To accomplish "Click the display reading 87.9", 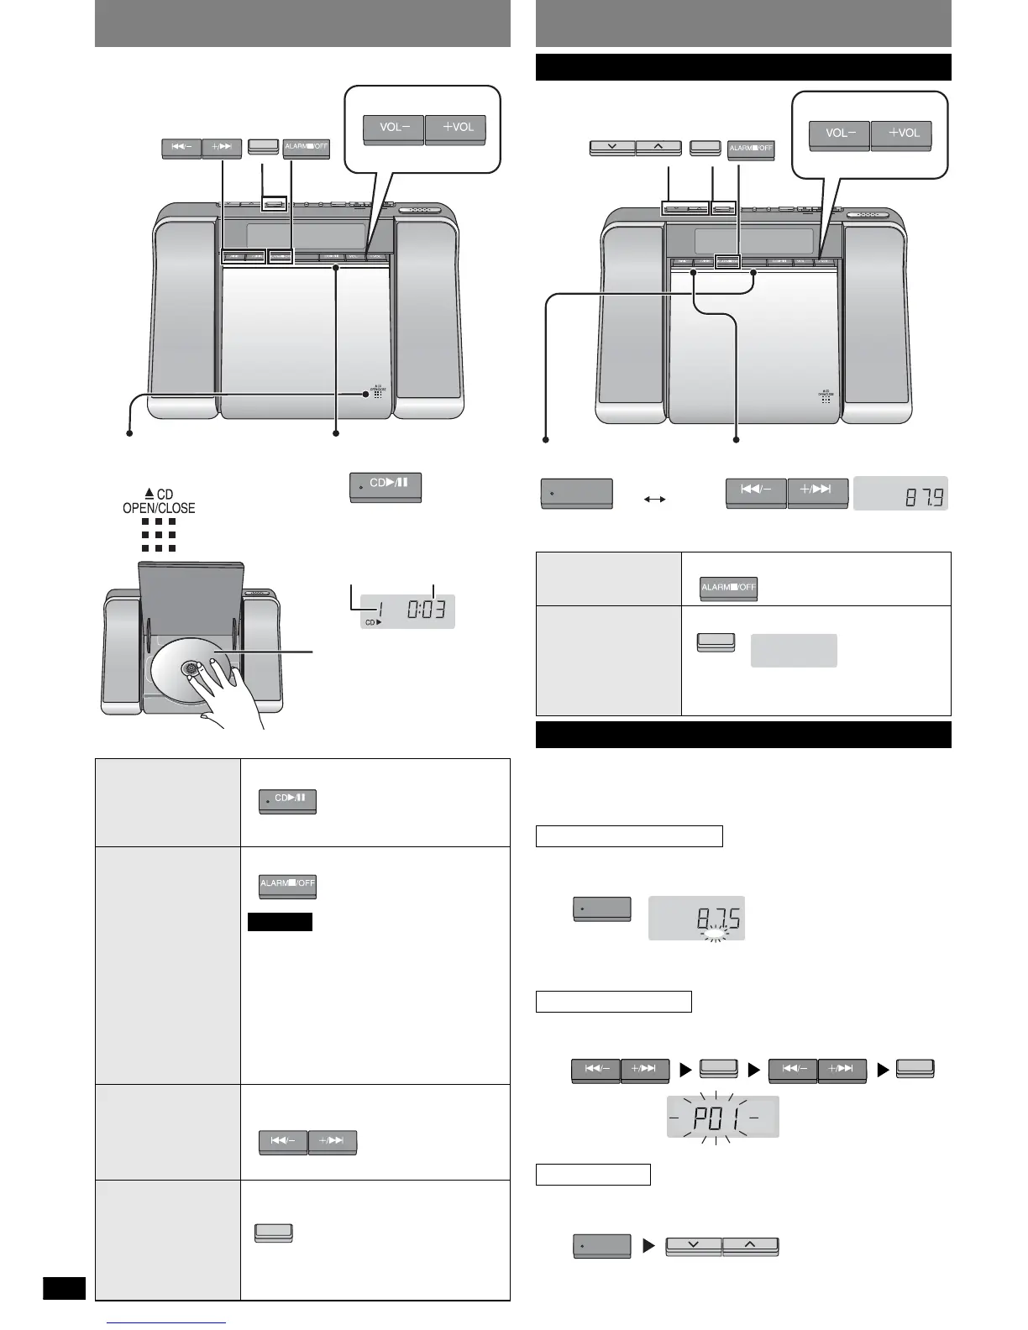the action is (x=900, y=494).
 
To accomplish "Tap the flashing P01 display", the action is (x=722, y=1117).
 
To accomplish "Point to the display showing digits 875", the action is (x=696, y=918).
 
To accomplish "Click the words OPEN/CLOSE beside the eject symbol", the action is (x=159, y=508).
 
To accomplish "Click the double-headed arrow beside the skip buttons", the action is (x=653, y=499).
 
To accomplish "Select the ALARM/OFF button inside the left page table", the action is (x=287, y=885).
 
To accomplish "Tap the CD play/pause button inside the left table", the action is (x=287, y=800).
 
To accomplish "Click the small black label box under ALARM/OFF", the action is (x=280, y=922).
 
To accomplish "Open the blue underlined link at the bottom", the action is (x=168, y=1323).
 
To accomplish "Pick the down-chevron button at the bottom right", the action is (x=693, y=1246).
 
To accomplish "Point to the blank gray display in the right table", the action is (x=794, y=651).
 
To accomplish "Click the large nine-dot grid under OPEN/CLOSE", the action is (x=160, y=535).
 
